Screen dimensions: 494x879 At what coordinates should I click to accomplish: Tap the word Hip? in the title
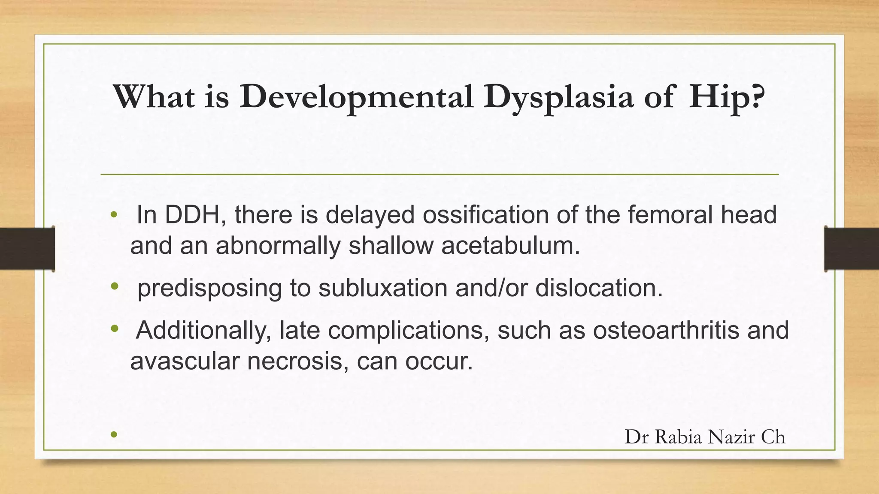pyautogui.click(x=727, y=97)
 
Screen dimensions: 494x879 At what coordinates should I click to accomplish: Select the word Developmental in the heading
pyautogui.click(x=356, y=97)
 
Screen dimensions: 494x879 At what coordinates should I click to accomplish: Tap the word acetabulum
pyautogui.click(x=510, y=246)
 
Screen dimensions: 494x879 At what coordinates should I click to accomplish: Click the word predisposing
pyautogui.click(x=209, y=288)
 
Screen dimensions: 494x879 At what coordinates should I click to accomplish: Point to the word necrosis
pyautogui.click(x=298, y=361)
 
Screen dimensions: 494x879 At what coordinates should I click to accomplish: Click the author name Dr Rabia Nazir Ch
pyautogui.click(x=705, y=437)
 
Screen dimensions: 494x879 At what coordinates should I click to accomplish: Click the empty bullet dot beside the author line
pyautogui.click(x=114, y=435)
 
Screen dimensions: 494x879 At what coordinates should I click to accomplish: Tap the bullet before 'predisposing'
pyautogui.click(x=114, y=286)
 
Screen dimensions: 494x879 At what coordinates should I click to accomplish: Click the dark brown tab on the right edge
pyautogui.click(x=851, y=249)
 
